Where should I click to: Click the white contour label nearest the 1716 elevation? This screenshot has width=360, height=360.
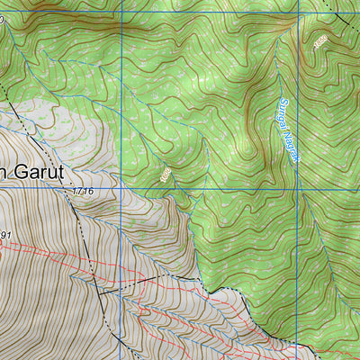pos(166,175)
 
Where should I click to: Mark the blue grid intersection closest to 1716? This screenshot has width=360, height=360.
pos(120,191)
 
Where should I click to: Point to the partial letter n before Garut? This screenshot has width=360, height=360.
pos(3,171)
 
